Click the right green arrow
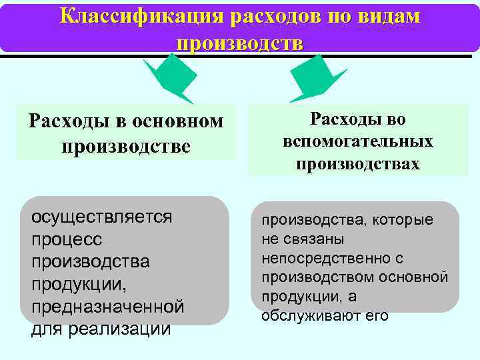click(x=313, y=77)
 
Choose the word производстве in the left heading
click(x=126, y=145)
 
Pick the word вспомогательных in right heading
click(x=358, y=141)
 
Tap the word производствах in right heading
click(x=358, y=164)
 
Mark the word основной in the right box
click(x=419, y=277)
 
